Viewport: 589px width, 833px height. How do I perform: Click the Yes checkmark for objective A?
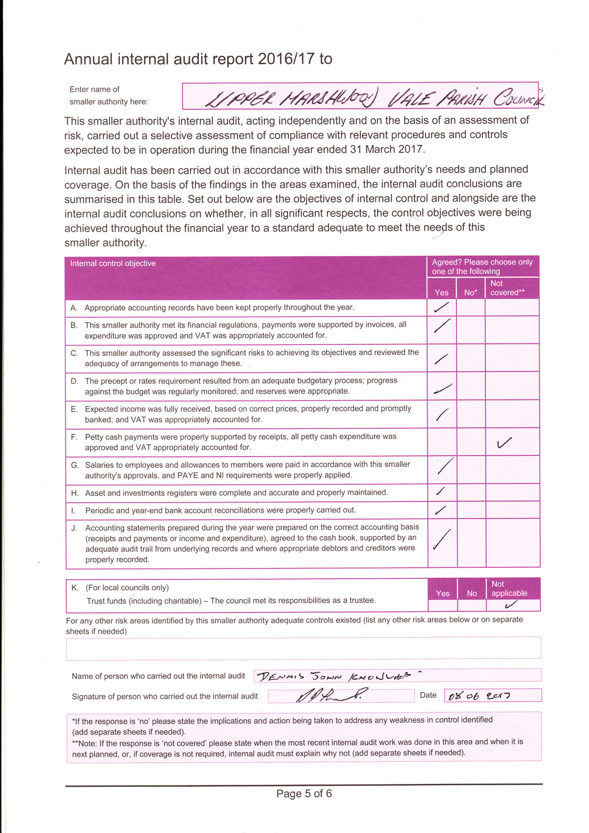[x=441, y=307]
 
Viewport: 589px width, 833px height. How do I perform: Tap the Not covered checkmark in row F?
[x=504, y=443]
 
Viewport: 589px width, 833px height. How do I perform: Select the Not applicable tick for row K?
[x=511, y=605]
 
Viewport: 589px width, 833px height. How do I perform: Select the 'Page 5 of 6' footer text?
[x=304, y=793]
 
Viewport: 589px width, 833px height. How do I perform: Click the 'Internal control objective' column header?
[x=113, y=264]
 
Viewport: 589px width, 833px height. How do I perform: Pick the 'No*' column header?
[x=471, y=293]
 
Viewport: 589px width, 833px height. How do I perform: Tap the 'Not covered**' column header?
[x=507, y=288]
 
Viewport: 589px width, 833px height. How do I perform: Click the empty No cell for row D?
[x=471, y=386]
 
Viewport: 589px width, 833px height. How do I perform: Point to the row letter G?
[x=75, y=465]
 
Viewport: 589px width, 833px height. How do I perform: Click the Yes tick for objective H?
[x=441, y=491]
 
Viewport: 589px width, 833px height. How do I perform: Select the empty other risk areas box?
[x=303, y=648]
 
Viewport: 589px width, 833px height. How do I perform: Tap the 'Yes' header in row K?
[x=442, y=593]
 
